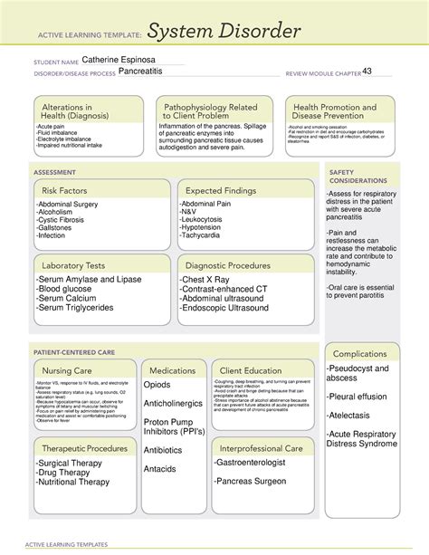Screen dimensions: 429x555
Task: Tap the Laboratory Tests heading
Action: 73,265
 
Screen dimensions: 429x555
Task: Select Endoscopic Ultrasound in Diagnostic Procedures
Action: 225,308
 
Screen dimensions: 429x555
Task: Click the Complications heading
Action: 360,353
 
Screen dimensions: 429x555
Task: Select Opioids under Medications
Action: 157,385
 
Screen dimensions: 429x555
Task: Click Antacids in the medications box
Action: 161,468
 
